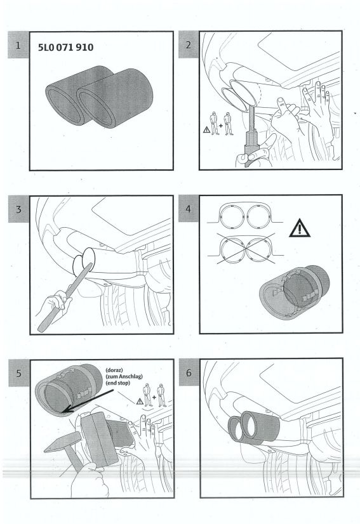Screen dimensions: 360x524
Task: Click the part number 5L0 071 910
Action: pyautogui.click(x=65, y=48)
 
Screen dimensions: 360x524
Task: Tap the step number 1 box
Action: pyautogui.click(x=18, y=45)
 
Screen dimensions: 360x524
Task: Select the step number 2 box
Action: pyautogui.click(x=189, y=44)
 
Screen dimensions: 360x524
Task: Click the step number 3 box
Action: pyautogui.click(x=19, y=209)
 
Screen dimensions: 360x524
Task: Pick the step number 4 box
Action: pyautogui.click(x=189, y=209)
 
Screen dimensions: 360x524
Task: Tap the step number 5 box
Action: pyautogui.click(x=19, y=373)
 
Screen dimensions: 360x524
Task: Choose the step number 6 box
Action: pyautogui.click(x=189, y=372)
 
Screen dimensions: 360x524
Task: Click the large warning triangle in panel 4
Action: pyautogui.click(x=300, y=228)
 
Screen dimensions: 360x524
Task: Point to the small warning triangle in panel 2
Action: pyautogui.click(x=207, y=129)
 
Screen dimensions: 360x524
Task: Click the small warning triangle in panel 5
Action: pyautogui.click(x=140, y=402)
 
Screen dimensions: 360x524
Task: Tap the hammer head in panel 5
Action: pyautogui.click(x=63, y=442)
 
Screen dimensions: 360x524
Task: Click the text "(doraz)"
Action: pyautogui.click(x=114, y=370)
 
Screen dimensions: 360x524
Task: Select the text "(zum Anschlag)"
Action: pyautogui.click(x=124, y=377)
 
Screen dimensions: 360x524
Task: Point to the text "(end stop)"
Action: pyautogui.click(x=117, y=383)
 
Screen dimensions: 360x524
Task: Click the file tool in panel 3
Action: pyautogui.click(x=65, y=298)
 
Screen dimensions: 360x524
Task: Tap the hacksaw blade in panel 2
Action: pyautogui.click(x=253, y=118)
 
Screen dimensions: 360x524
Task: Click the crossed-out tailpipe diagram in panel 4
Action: pyautogui.click(x=246, y=249)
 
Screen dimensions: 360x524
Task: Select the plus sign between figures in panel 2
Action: pyautogui.click(x=221, y=126)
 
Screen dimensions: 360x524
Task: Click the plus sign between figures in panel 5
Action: pyautogui.click(x=154, y=397)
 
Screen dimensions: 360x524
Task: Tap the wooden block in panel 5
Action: pyautogui.click(x=100, y=439)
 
